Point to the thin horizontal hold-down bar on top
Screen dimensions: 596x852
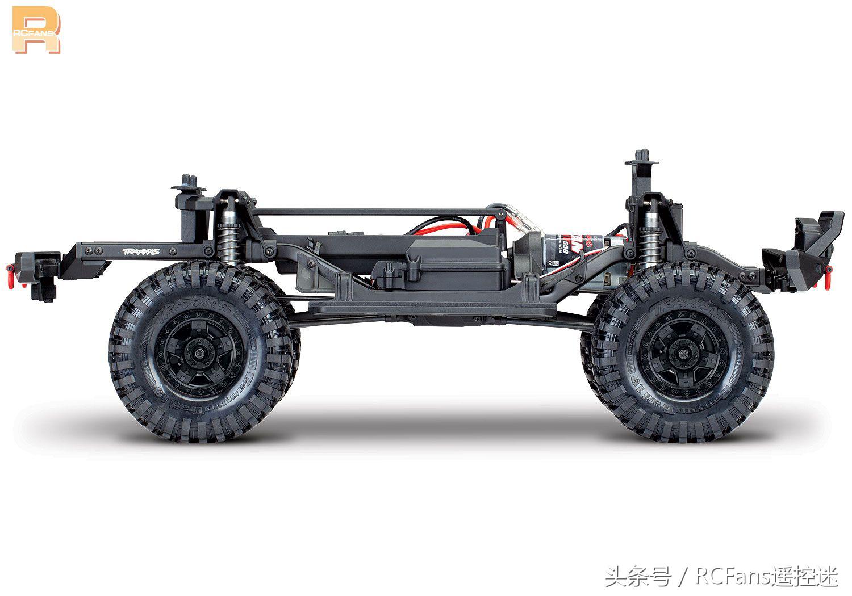[x=375, y=212]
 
